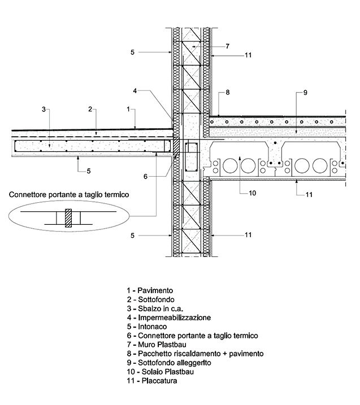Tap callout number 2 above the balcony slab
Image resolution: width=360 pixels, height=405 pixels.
(x=89, y=108)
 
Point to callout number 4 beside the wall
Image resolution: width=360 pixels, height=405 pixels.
(x=135, y=90)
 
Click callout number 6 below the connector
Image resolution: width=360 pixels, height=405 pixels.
(x=145, y=176)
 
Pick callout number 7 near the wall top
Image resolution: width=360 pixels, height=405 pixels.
(x=227, y=46)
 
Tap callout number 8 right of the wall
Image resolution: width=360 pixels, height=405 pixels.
(x=227, y=92)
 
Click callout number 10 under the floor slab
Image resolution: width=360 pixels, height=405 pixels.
(x=252, y=193)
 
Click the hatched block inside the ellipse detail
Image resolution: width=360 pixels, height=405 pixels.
(x=68, y=217)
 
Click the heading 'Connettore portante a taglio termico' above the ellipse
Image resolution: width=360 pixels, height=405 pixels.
(x=69, y=194)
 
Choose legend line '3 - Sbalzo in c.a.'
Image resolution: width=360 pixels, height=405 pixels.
(x=152, y=308)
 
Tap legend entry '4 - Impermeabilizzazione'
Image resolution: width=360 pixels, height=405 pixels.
(x=169, y=317)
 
